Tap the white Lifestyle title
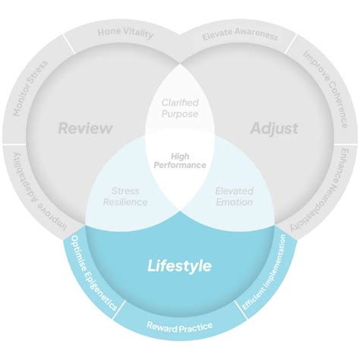click(179, 266)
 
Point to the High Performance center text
click(180, 160)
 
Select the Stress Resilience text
click(125, 197)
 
